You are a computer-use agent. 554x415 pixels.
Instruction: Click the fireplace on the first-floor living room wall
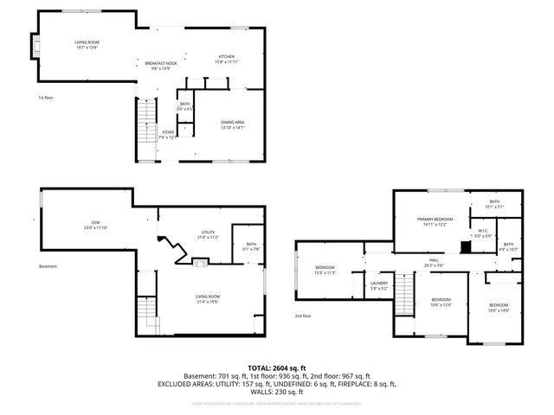click(x=35, y=46)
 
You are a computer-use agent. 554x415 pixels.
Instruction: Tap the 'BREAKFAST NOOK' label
click(x=162, y=62)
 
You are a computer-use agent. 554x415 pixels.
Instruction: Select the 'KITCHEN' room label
click(x=227, y=57)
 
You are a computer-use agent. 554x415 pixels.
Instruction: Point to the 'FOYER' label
click(x=167, y=132)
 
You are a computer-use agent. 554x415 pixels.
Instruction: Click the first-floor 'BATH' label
click(x=184, y=105)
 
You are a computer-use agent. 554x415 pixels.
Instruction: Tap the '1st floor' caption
click(x=46, y=98)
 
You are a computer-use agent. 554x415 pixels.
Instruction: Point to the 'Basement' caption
click(x=48, y=266)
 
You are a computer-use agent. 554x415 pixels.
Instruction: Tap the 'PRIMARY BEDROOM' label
click(x=435, y=220)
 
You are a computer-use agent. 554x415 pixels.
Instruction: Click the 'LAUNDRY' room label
click(x=379, y=284)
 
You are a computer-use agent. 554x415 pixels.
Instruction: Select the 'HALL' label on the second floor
click(x=434, y=261)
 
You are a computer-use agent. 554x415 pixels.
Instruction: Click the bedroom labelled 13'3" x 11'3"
click(x=325, y=269)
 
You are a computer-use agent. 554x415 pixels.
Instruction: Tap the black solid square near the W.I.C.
click(x=466, y=246)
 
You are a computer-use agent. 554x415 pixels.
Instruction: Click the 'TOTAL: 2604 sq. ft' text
click(x=277, y=367)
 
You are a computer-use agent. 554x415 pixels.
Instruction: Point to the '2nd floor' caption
click(x=302, y=316)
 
